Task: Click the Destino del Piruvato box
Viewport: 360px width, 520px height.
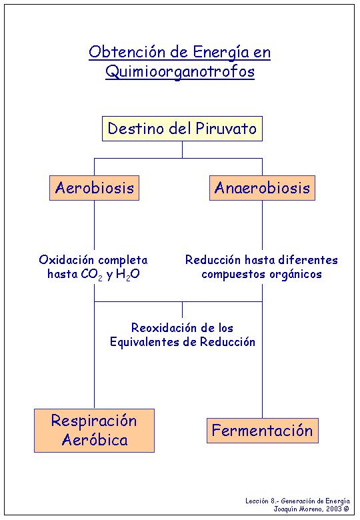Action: pos(182,129)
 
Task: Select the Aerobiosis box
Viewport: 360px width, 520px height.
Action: pos(95,188)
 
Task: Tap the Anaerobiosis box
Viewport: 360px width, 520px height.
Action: pos(262,188)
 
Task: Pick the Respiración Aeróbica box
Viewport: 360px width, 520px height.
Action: pos(95,431)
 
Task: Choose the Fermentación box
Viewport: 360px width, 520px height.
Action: pos(263,431)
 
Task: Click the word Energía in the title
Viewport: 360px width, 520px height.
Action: pos(222,53)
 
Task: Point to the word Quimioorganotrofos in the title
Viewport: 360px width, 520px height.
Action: pos(180,72)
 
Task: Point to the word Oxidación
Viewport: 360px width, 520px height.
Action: pos(66,260)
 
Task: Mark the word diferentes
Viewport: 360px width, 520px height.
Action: pos(308,260)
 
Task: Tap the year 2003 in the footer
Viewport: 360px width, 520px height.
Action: pos(333,509)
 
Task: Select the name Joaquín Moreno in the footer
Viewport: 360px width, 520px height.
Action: pos(299,509)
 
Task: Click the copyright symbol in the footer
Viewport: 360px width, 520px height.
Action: pos(347,509)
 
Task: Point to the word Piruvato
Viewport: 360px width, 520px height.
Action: pos(226,129)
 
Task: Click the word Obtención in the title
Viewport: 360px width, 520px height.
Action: pos(127,53)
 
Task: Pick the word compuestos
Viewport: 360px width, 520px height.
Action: pos(233,275)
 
